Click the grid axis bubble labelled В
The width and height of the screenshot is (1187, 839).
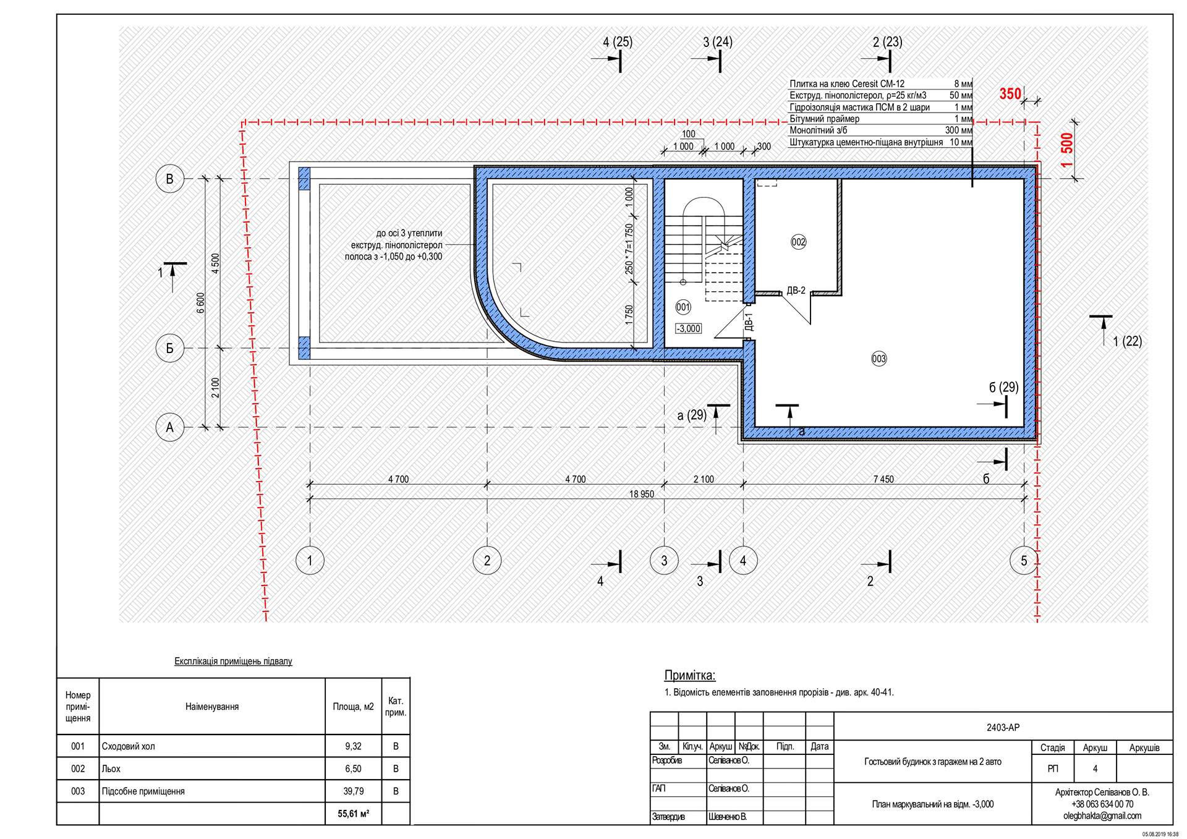[x=169, y=179]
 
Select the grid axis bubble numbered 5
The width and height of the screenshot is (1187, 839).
[x=1023, y=561]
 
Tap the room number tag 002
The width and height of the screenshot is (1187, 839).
[x=798, y=242]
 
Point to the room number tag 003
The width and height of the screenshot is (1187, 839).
[x=879, y=359]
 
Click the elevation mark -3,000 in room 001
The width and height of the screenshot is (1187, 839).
[x=688, y=329]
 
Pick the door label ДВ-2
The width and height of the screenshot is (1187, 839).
[x=796, y=291]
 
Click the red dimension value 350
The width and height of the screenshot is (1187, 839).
[x=1010, y=94]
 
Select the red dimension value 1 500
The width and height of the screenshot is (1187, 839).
[x=1067, y=150]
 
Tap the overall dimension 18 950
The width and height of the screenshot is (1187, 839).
[x=641, y=494]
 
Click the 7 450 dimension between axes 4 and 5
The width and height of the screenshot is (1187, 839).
[x=883, y=479]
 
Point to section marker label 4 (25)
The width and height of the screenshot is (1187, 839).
[x=617, y=42]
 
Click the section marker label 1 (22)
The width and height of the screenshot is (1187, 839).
[x=1127, y=341]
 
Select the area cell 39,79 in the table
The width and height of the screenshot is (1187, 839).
[x=353, y=791]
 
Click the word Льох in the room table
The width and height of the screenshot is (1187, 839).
[x=111, y=769]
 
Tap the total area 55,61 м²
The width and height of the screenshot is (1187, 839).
[x=353, y=814]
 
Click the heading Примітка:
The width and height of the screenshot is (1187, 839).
[x=689, y=675]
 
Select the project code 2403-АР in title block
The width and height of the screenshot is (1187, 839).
[x=1003, y=728]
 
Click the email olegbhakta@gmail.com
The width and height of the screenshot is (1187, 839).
[x=1102, y=816]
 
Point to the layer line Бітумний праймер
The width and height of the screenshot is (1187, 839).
[x=824, y=119]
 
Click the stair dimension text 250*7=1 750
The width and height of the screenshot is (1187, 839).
[x=629, y=249]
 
